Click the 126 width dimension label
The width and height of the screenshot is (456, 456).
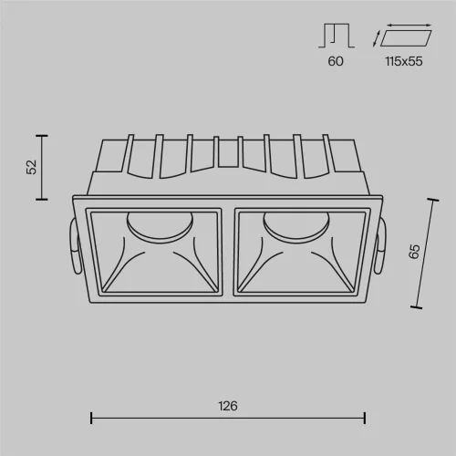pos(228,406)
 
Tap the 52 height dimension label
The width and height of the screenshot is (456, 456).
pos(32,167)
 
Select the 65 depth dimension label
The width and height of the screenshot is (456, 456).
pos(414,252)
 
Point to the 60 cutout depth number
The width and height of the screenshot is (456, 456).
pos(336,61)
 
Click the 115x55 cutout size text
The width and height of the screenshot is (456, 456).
pos(404,61)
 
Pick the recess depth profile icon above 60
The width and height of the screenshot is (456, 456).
pos(337,36)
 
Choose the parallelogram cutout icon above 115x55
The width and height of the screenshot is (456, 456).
pos(406,38)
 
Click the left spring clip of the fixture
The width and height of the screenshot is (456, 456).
pos(75,246)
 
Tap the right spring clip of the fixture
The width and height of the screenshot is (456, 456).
pos(380,246)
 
